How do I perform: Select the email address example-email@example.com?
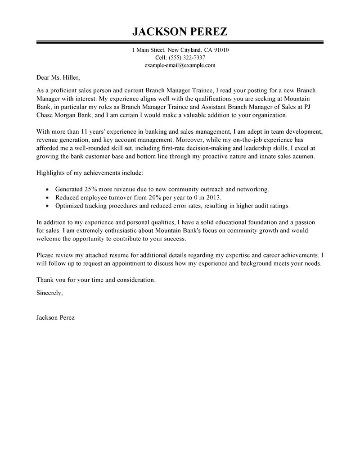tap(180, 65)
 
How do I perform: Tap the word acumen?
tap(302, 156)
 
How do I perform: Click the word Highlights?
tap(50, 173)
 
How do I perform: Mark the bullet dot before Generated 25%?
tap(48, 190)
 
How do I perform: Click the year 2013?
tap(213, 198)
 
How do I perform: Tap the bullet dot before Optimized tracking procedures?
tap(48, 206)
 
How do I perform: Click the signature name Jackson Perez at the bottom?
tap(55, 317)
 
